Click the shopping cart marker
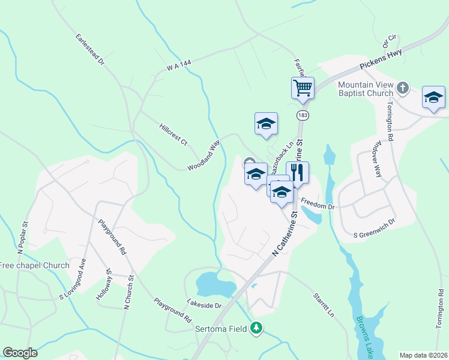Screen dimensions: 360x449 pyautogui.click(x=303, y=88)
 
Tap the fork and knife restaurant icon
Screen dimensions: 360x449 pyautogui.click(x=297, y=173)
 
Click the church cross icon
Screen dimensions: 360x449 pyautogui.click(x=402, y=89)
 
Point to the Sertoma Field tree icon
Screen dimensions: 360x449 pyautogui.click(x=257, y=328)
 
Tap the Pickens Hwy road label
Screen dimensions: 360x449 pyautogui.click(x=381, y=60)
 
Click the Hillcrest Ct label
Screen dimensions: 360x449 pyautogui.click(x=173, y=134)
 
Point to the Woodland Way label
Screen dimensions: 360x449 pyautogui.click(x=203, y=155)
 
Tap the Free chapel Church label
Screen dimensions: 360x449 pyautogui.click(x=34, y=265)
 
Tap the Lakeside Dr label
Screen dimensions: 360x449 pyautogui.click(x=204, y=305)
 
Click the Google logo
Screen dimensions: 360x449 pyautogui.click(x=20, y=353)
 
